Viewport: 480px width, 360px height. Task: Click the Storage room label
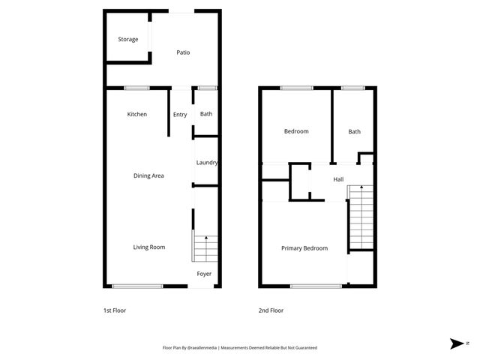tap(128, 39)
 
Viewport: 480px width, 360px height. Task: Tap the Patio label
tap(183, 52)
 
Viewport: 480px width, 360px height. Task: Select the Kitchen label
tap(136, 114)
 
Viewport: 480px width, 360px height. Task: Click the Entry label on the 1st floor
tap(180, 115)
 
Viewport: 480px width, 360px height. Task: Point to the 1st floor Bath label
tap(205, 114)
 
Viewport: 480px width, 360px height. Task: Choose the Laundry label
tap(206, 163)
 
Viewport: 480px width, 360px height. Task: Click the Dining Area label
tap(148, 175)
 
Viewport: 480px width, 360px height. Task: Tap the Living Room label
tap(149, 247)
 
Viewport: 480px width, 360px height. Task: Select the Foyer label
tap(204, 274)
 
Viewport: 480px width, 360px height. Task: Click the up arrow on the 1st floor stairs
tap(206, 238)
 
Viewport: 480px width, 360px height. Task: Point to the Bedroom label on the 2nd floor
tap(295, 131)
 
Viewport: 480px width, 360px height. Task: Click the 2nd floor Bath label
tap(354, 132)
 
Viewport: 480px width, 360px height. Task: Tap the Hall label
tap(338, 179)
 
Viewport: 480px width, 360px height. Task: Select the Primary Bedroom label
tap(304, 248)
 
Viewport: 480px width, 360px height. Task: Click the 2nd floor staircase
tap(360, 217)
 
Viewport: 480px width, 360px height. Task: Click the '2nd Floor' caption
tap(271, 310)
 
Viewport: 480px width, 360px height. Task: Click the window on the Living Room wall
tap(137, 286)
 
